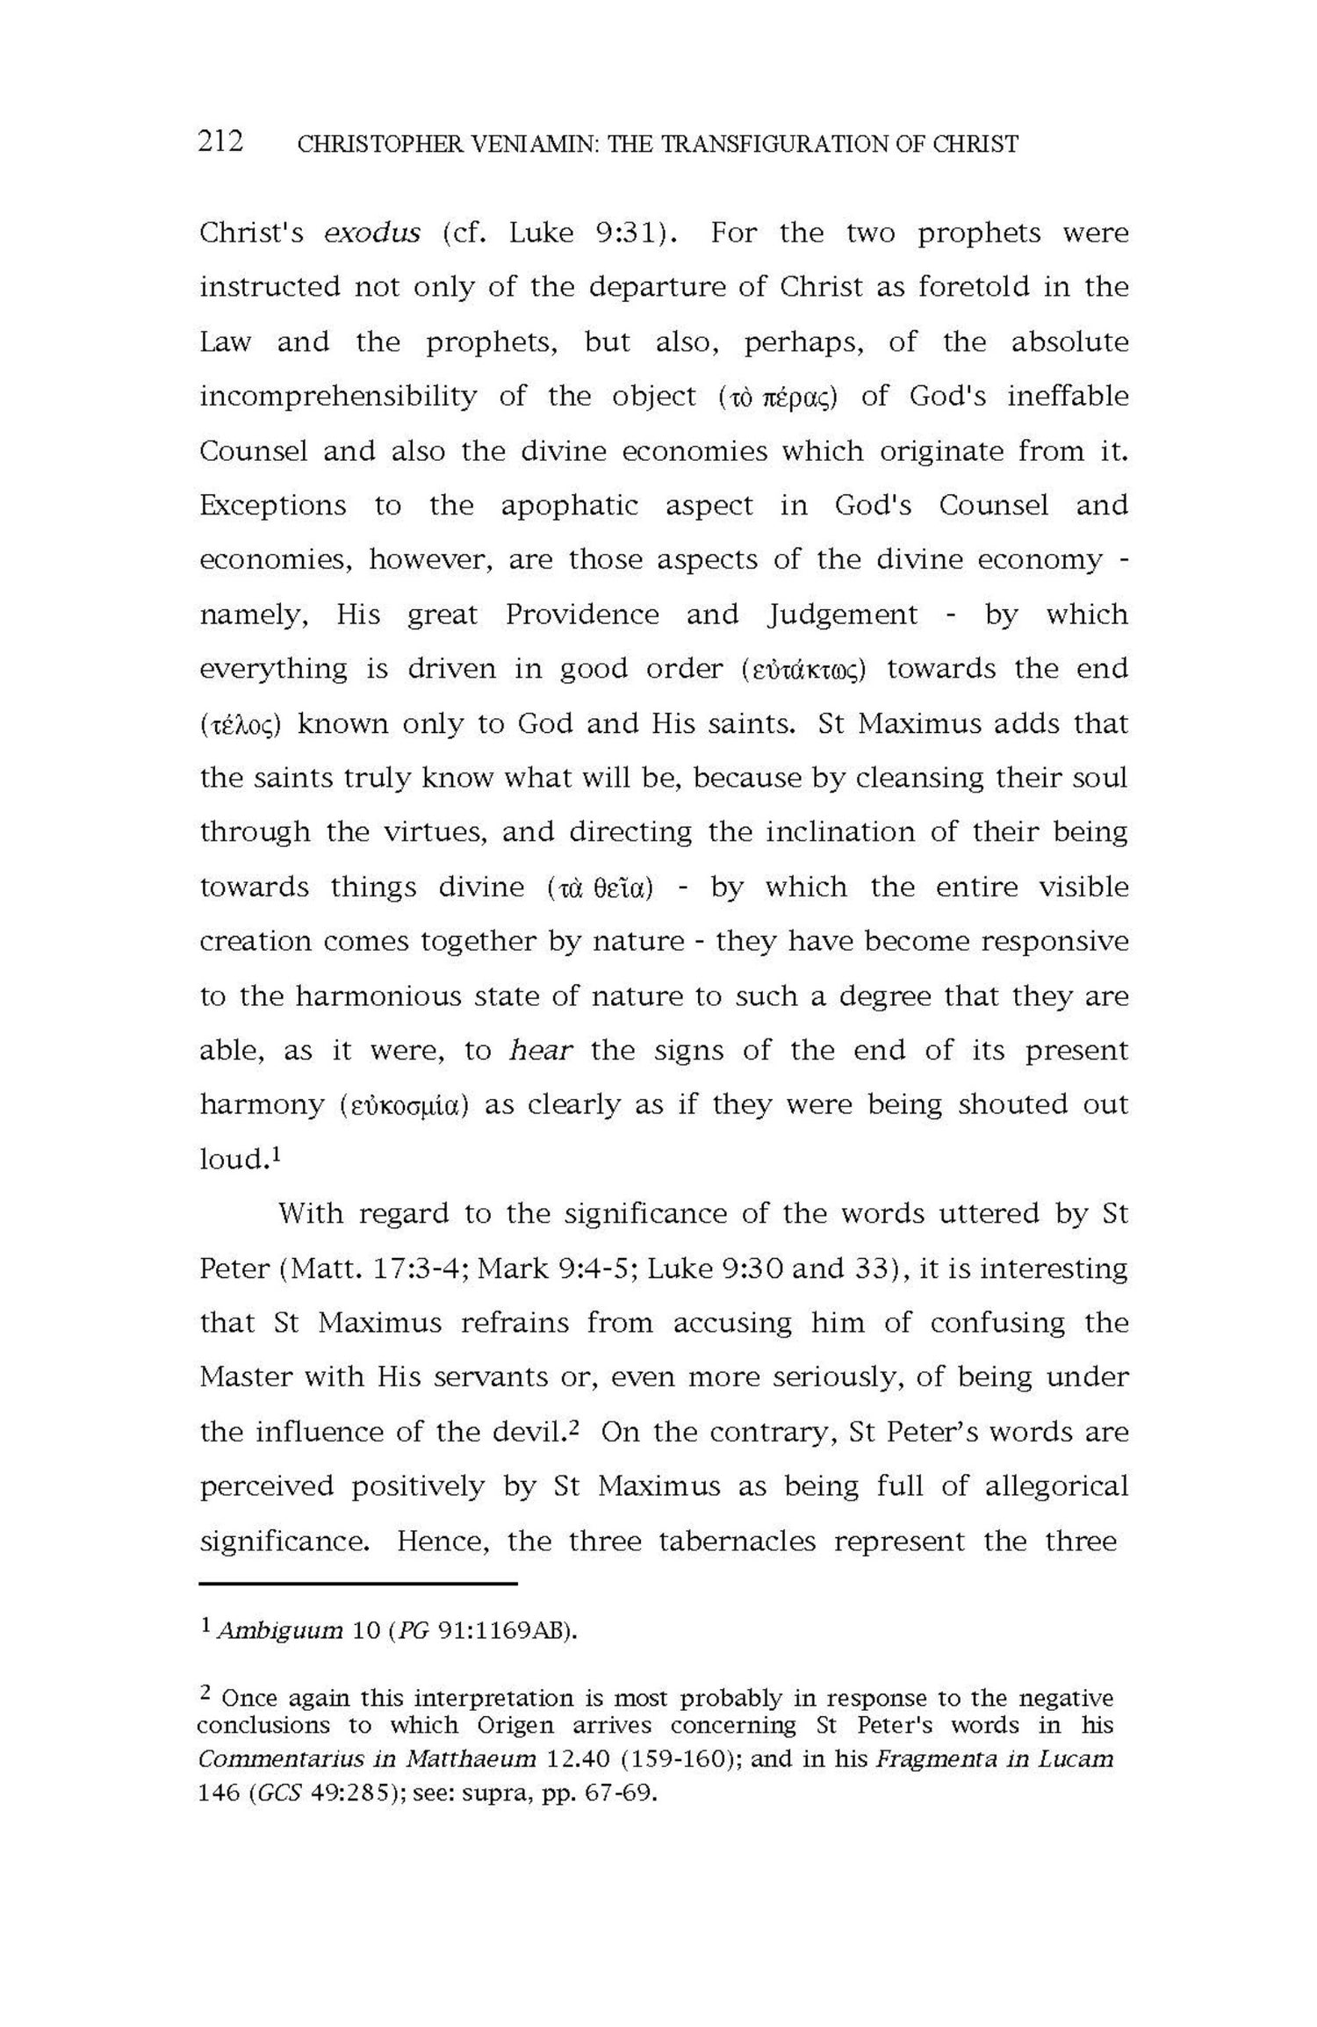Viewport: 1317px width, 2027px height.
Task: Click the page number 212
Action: click(220, 140)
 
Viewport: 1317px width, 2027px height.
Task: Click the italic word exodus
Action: click(372, 234)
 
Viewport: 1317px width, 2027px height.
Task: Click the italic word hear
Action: click(541, 1051)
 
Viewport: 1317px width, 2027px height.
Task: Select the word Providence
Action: click(581, 615)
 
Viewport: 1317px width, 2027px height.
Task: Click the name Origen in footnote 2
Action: click(515, 1725)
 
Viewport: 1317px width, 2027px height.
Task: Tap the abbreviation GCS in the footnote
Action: click(274, 1793)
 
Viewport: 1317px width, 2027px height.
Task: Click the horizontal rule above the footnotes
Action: click(358, 1584)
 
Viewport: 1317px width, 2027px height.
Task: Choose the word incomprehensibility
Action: click(338, 397)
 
